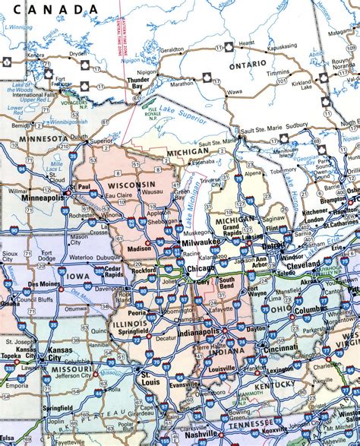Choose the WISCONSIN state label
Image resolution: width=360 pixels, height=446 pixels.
click(x=131, y=185)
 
